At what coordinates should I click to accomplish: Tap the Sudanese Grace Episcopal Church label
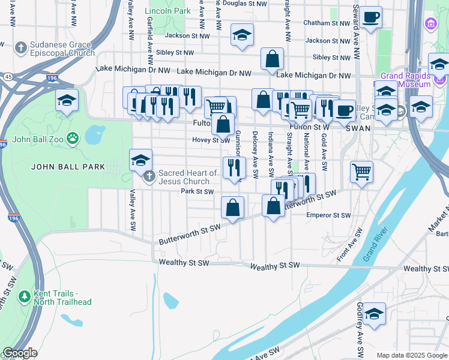[x=56, y=48]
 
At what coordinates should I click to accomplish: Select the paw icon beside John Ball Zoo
[x=73, y=138]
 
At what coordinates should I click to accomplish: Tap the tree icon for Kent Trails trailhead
[x=24, y=296]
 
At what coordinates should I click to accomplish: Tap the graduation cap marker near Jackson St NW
[x=242, y=35]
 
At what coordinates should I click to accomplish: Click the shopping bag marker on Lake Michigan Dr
[x=272, y=59]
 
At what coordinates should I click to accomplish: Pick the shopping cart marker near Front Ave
[x=361, y=172]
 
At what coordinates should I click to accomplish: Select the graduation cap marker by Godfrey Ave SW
[x=374, y=314]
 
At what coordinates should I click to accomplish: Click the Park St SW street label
[x=197, y=192]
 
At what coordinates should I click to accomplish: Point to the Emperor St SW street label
[x=328, y=215]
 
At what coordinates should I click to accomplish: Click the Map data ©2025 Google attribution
[x=411, y=355]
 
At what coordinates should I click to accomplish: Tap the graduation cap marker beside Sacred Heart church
[x=141, y=160]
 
